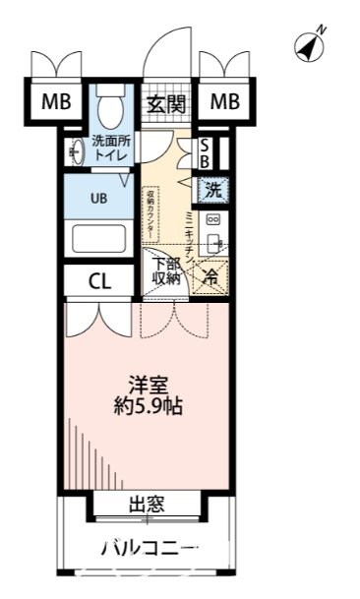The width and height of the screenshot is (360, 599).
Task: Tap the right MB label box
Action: [x=225, y=102]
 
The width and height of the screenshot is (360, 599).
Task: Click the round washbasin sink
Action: [x=75, y=152]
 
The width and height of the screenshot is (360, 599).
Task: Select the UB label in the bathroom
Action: [x=98, y=198]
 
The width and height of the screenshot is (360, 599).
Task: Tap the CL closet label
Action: [x=98, y=282]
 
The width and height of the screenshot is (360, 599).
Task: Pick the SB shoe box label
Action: [x=204, y=152]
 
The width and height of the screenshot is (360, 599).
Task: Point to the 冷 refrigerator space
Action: [x=210, y=277]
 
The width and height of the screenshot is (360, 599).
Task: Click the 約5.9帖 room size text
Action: [x=148, y=405]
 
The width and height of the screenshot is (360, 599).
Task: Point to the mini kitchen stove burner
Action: [x=212, y=221]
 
